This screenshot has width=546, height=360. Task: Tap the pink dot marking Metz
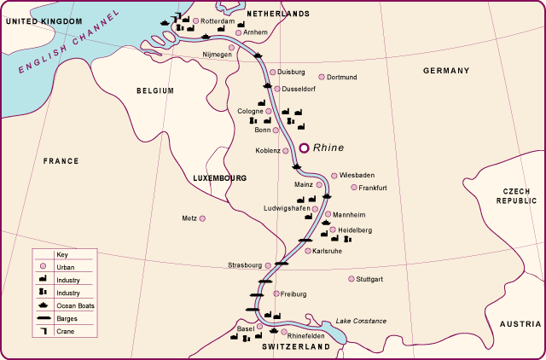tap(202, 218)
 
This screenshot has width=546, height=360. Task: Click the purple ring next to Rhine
tap(304, 148)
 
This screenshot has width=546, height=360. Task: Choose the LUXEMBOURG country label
tap(220, 178)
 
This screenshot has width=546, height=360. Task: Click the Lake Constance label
tap(361, 321)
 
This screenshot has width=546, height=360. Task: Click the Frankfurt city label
tap(373, 187)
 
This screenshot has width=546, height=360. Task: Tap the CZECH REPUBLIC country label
tap(517, 195)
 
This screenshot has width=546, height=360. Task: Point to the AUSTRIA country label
tap(520, 324)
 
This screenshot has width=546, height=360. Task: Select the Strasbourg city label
tap(245, 265)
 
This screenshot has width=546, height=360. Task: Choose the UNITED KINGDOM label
tap(42, 20)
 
